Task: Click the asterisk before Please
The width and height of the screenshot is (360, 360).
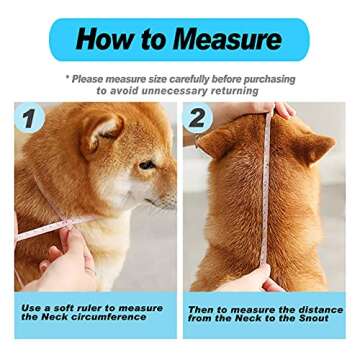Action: click(x=68, y=78)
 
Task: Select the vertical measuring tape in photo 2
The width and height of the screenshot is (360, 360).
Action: click(x=266, y=200)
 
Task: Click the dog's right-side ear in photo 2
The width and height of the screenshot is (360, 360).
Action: click(x=318, y=147)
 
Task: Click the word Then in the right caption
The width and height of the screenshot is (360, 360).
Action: click(x=202, y=309)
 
